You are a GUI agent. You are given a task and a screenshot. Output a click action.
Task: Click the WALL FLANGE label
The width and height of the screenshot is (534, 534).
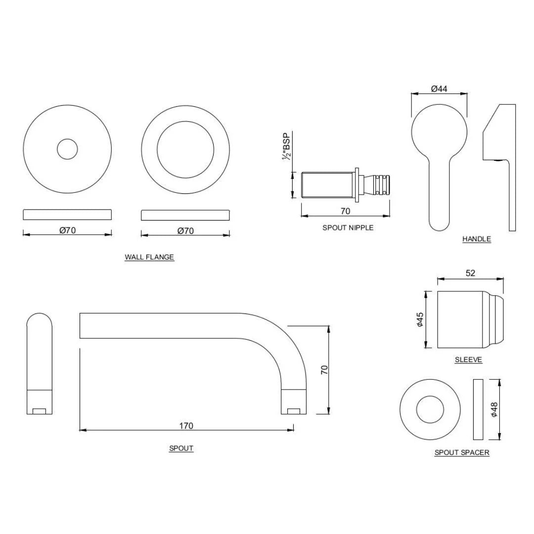[149, 257]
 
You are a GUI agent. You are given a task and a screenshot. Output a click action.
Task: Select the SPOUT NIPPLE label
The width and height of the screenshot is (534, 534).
[348, 228]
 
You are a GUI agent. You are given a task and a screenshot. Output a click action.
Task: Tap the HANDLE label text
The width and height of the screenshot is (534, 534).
[477, 239]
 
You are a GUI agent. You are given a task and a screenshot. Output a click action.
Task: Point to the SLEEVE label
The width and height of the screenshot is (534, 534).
[468, 360]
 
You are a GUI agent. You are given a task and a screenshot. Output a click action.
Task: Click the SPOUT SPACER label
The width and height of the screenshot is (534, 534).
[462, 452]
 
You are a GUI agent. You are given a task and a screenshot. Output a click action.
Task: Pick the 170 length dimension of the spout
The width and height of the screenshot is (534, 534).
[186, 425]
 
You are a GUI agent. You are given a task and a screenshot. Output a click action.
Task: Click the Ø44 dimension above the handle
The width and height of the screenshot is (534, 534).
[439, 89]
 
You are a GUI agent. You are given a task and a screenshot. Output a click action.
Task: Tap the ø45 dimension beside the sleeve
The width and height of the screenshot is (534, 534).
[419, 320]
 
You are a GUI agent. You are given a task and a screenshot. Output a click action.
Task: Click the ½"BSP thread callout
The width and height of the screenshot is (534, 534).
[286, 146]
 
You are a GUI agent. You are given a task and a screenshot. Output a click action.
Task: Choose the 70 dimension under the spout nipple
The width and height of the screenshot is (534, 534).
[345, 211]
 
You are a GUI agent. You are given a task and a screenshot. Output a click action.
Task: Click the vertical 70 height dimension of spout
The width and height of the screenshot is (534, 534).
[324, 369]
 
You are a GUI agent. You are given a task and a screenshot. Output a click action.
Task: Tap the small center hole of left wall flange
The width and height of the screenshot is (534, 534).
[67, 149]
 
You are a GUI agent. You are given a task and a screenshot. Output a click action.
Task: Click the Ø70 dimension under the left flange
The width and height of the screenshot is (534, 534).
[67, 230]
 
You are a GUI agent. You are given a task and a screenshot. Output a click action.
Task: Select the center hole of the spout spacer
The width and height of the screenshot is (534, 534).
[429, 409]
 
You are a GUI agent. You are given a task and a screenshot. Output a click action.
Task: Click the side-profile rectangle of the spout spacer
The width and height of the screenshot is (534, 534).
[478, 409]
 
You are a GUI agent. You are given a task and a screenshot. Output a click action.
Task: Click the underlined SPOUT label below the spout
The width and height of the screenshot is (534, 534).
[181, 448]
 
